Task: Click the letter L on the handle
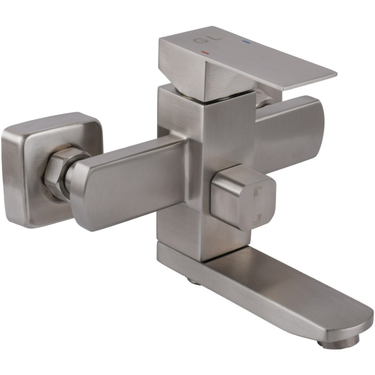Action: click(216, 37)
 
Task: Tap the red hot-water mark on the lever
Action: click(205, 52)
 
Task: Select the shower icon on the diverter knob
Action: click(257, 191)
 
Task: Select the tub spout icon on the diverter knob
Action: click(257, 220)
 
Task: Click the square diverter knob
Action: click(243, 197)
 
